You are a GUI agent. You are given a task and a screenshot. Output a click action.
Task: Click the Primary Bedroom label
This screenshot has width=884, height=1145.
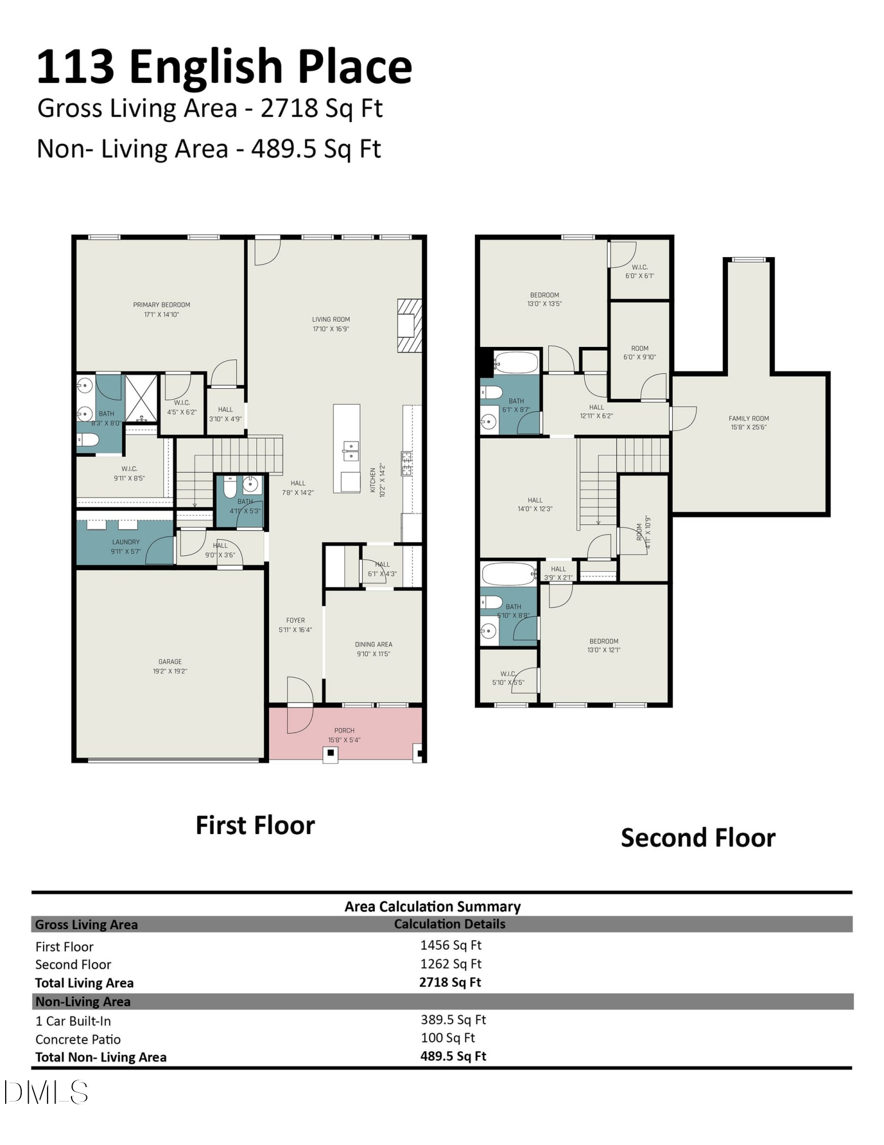coord(161,305)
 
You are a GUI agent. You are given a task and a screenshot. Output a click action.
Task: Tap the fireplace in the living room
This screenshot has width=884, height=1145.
coord(409,325)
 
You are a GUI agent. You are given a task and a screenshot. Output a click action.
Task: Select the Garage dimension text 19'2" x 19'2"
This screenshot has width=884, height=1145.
coord(170,671)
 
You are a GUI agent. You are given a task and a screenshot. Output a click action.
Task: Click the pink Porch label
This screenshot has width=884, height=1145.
coord(344,731)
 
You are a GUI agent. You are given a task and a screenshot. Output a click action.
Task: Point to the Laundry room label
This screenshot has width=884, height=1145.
coord(126,542)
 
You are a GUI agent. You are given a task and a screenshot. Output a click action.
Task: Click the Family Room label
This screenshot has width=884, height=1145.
coord(748,418)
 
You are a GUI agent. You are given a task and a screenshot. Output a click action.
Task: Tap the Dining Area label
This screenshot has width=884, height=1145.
coord(373,644)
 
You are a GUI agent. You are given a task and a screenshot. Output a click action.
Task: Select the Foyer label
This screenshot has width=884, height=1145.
coord(295,620)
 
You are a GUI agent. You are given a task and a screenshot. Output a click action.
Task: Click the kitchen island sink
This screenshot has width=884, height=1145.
coord(351,451)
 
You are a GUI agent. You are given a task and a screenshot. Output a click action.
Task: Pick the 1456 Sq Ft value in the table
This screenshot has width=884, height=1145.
coord(451,945)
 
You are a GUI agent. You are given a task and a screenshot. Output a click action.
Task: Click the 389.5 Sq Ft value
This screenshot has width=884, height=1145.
coord(453,1020)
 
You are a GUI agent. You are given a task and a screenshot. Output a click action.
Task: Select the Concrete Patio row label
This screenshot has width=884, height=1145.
coord(78,1039)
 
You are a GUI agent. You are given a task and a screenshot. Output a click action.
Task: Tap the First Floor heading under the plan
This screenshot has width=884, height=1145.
coord(255,826)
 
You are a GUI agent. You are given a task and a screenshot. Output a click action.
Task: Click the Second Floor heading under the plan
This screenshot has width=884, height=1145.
coord(698,838)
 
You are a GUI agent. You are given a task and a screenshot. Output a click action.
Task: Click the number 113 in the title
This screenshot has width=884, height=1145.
coord(76,67)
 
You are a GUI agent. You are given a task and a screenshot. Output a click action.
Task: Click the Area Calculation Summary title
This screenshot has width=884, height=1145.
coord(433,907)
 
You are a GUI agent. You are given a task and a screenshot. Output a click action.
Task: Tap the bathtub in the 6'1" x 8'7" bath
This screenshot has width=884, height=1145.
coord(516,362)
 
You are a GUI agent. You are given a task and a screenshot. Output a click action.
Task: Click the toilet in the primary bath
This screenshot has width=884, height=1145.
coord(89,440)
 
